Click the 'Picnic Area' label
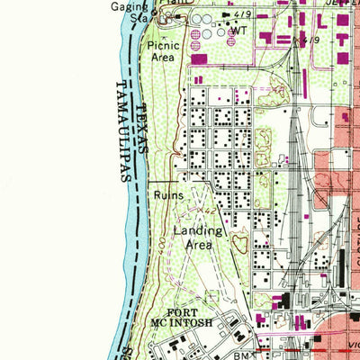[x=164, y=50]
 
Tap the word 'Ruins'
[x=168, y=194]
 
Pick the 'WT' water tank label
[x=238, y=31]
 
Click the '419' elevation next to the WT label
[x=243, y=15]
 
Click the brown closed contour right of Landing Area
[x=239, y=241]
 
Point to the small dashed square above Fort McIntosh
[x=212, y=297]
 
